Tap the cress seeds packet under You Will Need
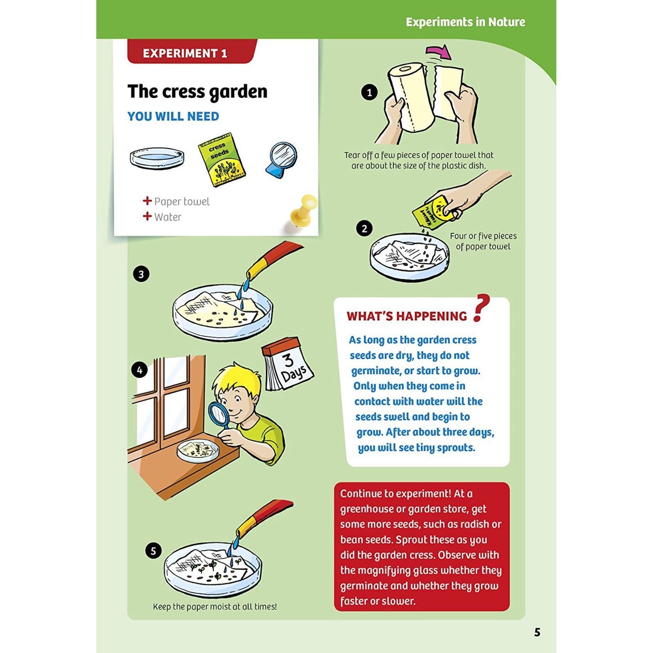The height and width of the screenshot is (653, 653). pyautogui.click(x=222, y=160)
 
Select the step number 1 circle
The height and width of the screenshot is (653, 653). pyautogui.click(x=369, y=93)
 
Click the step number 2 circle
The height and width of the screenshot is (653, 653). pyautogui.click(x=364, y=229)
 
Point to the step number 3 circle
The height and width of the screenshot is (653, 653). pyautogui.click(x=141, y=274)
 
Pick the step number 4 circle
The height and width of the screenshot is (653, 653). pyautogui.click(x=140, y=370)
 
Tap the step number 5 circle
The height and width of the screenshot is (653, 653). pyautogui.click(x=153, y=551)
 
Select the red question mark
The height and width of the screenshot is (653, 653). pyautogui.click(x=481, y=308)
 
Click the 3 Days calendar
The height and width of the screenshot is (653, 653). pyautogui.click(x=287, y=364)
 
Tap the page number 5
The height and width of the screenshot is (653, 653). pyautogui.click(x=537, y=632)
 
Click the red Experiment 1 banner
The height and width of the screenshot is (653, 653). pyautogui.click(x=192, y=51)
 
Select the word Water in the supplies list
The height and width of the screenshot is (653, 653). pyautogui.click(x=168, y=217)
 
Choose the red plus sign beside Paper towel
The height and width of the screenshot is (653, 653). pyautogui.click(x=147, y=201)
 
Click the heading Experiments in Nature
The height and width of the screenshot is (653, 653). pyautogui.click(x=465, y=22)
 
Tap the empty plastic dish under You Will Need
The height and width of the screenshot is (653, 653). pyautogui.click(x=157, y=158)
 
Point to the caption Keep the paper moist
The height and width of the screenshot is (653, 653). pyautogui.click(x=215, y=607)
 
